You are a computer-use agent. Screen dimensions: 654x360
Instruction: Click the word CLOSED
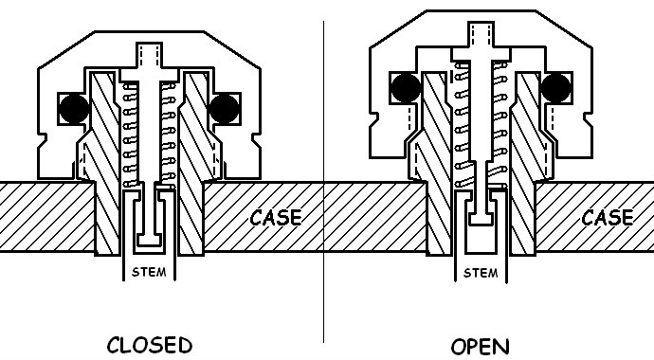[150, 346]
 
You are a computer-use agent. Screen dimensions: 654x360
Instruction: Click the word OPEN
[480, 347]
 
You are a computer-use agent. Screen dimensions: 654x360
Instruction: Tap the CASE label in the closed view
[276, 218]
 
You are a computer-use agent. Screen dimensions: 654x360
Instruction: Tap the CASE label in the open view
[608, 218]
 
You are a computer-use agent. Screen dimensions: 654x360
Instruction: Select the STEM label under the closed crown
[149, 272]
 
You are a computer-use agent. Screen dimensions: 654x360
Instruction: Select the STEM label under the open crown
[481, 273]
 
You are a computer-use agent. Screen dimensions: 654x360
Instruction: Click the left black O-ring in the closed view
[74, 109]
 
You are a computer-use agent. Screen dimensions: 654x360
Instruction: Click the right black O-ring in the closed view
[224, 109]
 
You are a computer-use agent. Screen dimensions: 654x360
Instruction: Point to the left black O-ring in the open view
[407, 88]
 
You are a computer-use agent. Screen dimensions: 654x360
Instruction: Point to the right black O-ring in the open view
[556, 88]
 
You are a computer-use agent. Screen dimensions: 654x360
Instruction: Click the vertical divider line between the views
[323, 181]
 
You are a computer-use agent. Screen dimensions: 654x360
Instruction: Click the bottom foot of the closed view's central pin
[150, 241]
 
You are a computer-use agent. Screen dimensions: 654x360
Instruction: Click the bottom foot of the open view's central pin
[481, 219]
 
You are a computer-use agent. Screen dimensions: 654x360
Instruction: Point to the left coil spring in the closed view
[130, 135]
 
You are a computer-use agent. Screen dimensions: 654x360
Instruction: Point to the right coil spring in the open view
[500, 124]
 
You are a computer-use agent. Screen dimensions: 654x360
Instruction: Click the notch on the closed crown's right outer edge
[256, 142]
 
